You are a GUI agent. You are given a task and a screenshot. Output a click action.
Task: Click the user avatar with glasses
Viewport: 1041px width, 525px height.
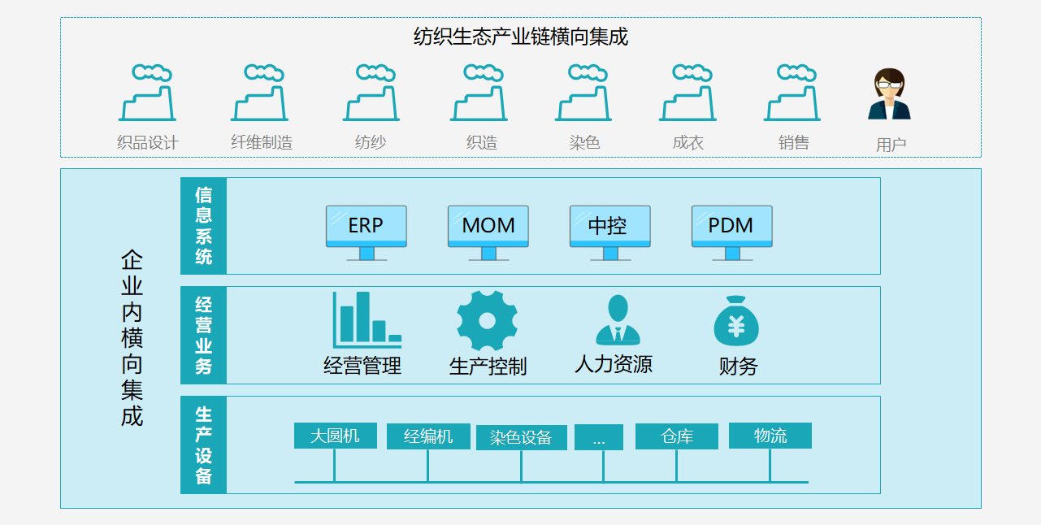tap(890, 95)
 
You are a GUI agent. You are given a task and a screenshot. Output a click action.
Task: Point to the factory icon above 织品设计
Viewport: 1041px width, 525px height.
tap(147, 93)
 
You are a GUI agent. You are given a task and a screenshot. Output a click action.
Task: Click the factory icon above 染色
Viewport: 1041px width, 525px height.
tap(584, 93)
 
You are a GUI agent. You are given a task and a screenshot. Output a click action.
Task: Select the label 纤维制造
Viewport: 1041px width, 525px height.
tap(262, 143)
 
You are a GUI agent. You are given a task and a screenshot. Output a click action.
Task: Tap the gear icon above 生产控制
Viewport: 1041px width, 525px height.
tap(487, 321)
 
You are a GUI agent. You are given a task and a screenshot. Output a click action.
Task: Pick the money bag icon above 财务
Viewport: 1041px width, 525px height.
tap(736, 322)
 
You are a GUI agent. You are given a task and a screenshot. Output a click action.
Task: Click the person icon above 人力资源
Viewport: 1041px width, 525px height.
tap(618, 320)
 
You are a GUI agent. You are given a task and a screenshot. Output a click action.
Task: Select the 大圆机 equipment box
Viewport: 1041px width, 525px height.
tap(335, 436)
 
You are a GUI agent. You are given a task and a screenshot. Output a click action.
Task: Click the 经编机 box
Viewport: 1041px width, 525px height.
tap(428, 436)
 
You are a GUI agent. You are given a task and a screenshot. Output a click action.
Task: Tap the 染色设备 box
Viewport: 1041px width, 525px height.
tap(521, 438)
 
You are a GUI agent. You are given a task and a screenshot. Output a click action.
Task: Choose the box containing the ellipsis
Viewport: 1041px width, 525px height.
tap(599, 438)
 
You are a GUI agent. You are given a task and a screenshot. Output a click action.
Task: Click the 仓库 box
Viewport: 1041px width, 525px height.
tap(677, 436)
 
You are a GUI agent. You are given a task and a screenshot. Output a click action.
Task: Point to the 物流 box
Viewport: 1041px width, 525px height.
tap(770, 436)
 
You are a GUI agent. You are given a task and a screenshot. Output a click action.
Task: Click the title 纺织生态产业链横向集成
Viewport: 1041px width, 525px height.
tap(520, 37)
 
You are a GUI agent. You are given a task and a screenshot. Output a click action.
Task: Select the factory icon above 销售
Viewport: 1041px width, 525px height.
tap(792, 93)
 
